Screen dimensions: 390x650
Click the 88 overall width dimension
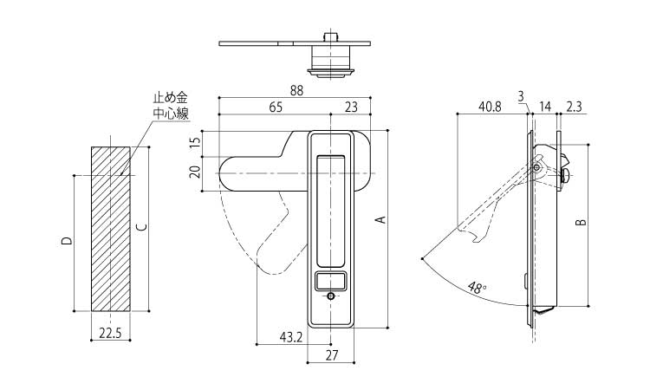pos(296,90)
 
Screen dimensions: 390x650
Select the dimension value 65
pos(274,107)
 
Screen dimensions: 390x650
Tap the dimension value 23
pos(351,107)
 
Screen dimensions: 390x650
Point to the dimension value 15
pos(195,140)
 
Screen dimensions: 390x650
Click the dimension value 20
pos(195,171)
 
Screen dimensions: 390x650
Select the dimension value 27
pos(331,355)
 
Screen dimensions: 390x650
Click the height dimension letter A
pos(379,221)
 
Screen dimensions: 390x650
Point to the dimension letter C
pos(142,228)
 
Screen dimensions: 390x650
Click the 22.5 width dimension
pos(110,331)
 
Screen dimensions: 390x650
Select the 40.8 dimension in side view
pos(490,107)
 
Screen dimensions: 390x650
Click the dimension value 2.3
pos(574,107)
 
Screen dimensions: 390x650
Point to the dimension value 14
pos(545,107)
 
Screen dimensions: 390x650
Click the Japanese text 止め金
pos(171,101)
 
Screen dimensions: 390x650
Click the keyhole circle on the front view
pos(331,296)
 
